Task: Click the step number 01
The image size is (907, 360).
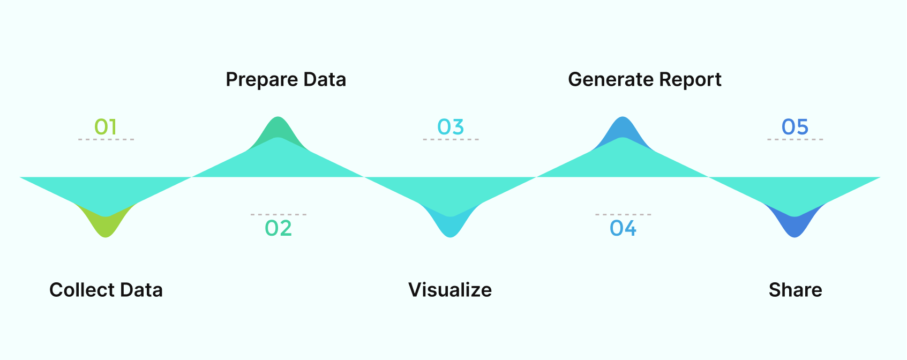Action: pyautogui.click(x=106, y=127)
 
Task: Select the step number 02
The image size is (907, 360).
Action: pyautogui.click(x=278, y=228)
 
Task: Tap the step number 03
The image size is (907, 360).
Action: pyautogui.click(x=450, y=127)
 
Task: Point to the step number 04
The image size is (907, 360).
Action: pyautogui.click(x=623, y=228)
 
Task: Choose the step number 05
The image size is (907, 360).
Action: pyautogui.click(x=795, y=127)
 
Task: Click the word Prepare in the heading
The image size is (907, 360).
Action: pyautogui.click(x=261, y=80)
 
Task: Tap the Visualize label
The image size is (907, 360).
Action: pyautogui.click(x=450, y=290)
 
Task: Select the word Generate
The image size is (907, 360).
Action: pyautogui.click(x=610, y=79)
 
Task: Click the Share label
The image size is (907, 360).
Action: pyautogui.click(x=795, y=290)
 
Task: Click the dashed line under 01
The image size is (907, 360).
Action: pyautogui.click(x=106, y=139)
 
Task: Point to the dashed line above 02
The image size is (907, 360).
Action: pyautogui.click(x=279, y=214)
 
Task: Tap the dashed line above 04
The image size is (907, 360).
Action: pyautogui.click(x=623, y=214)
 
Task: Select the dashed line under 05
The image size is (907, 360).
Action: pyautogui.click(x=795, y=139)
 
